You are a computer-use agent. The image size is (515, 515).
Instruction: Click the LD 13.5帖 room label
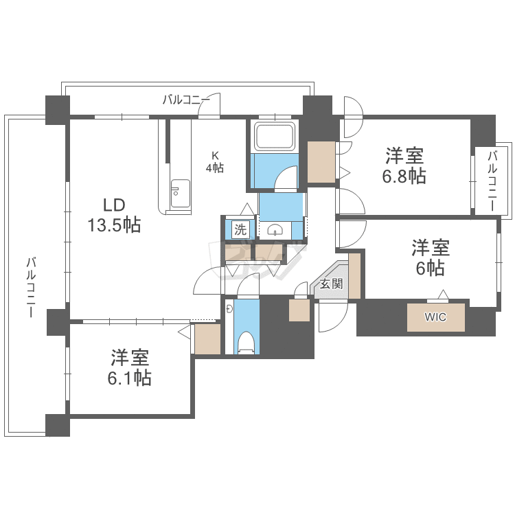coord(114,214)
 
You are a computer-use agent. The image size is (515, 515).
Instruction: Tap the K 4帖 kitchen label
coord(215,161)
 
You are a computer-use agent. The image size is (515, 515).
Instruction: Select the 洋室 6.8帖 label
coord(404,165)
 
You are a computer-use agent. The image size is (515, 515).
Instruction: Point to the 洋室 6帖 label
coord(431,257)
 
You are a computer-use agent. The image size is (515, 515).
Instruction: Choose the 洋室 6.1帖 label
coord(130,367)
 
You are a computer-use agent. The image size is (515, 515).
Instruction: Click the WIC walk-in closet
coord(435,317)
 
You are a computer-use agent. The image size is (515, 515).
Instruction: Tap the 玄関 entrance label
coord(331,284)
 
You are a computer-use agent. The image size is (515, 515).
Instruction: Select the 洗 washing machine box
coord(240,229)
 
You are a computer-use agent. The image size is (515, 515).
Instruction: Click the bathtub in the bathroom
coord(275,136)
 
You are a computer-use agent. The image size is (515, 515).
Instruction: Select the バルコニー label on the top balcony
coord(186,100)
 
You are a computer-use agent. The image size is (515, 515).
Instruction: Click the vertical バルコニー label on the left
coord(32,286)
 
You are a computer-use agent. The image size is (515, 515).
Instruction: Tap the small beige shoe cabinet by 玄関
coord(299,310)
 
